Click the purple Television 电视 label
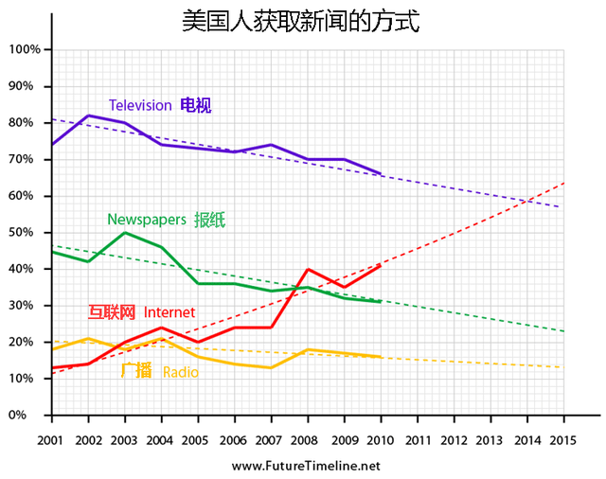click(x=159, y=105)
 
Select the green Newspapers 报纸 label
click(x=166, y=221)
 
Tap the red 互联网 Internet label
click(x=141, y=311)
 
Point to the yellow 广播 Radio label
click(x=159, y=372)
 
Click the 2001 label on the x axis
click(x=52, y=440)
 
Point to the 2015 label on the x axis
click(x=563, y=440)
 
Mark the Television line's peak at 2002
click(x=88, y=115)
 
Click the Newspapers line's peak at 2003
click(x=125, y=232)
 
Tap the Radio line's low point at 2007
click(x=271, y=367)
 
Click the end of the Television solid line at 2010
click(x=381, y=173)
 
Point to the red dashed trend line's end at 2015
click(x=563, y=183)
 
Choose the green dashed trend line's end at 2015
click(x=563, y=330)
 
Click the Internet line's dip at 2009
click(x=344, y=287)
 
